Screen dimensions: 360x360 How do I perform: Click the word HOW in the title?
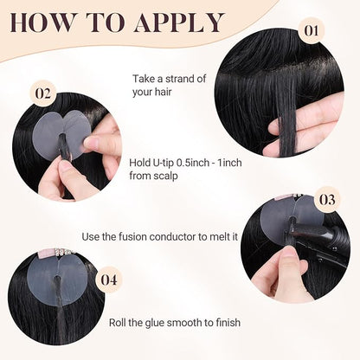point(42,22)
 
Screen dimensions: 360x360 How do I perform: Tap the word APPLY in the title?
point(179,22)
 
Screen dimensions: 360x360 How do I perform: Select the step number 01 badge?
point(311,30)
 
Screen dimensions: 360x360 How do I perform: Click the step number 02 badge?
point(42,93)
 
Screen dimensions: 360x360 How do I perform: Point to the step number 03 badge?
point(327,200)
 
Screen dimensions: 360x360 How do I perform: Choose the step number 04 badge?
point(109,280)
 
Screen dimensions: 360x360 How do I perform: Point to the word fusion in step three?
point(133,237)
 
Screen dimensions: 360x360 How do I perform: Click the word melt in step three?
point(217,237)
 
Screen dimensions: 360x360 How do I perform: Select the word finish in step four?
point(228,322)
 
